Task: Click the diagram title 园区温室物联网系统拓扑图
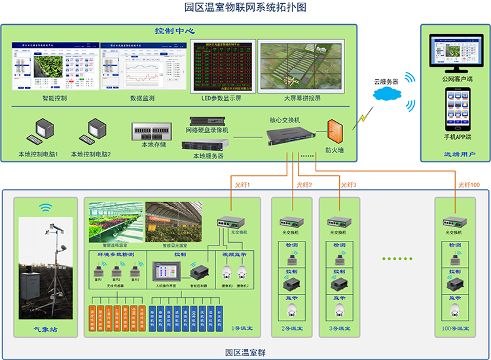(x=245, y=7)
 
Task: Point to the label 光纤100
(x=469, y=185)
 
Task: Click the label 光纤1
(x=243, y=185)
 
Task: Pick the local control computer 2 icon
(x=91, y=134)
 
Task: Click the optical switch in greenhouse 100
(x=454, y=222)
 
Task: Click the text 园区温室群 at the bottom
(x=245, y=352)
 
